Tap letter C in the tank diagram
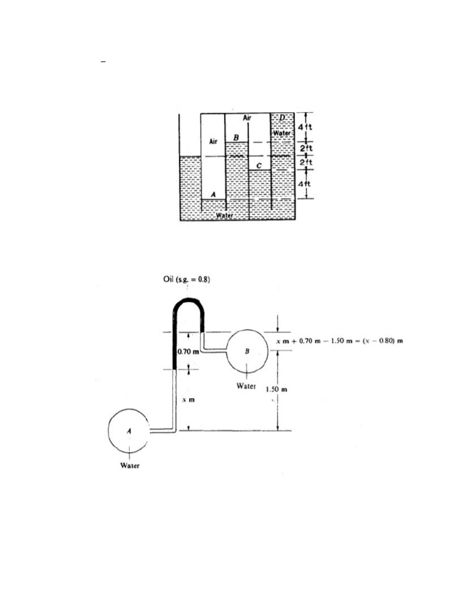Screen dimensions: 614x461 [258, 165]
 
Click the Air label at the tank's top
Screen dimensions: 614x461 [247, 118]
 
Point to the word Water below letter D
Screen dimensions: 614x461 [282, 133]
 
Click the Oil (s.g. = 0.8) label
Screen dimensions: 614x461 [186, 279]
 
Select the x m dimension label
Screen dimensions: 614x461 [187, 399]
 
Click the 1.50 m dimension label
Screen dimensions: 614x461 [277, 390]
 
